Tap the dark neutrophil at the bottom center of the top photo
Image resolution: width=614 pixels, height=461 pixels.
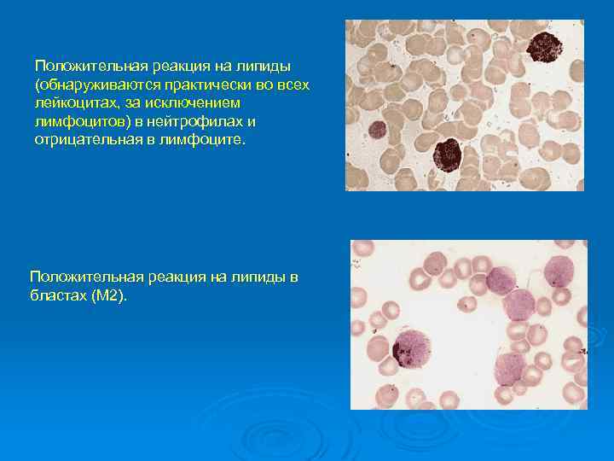pyautogui.click(x=447, y=155)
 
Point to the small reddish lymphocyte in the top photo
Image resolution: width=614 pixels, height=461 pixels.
pyautogui.click(x=377, y=130)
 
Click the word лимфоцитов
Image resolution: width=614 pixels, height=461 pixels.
pyautogui.click(x=74, y=120)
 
